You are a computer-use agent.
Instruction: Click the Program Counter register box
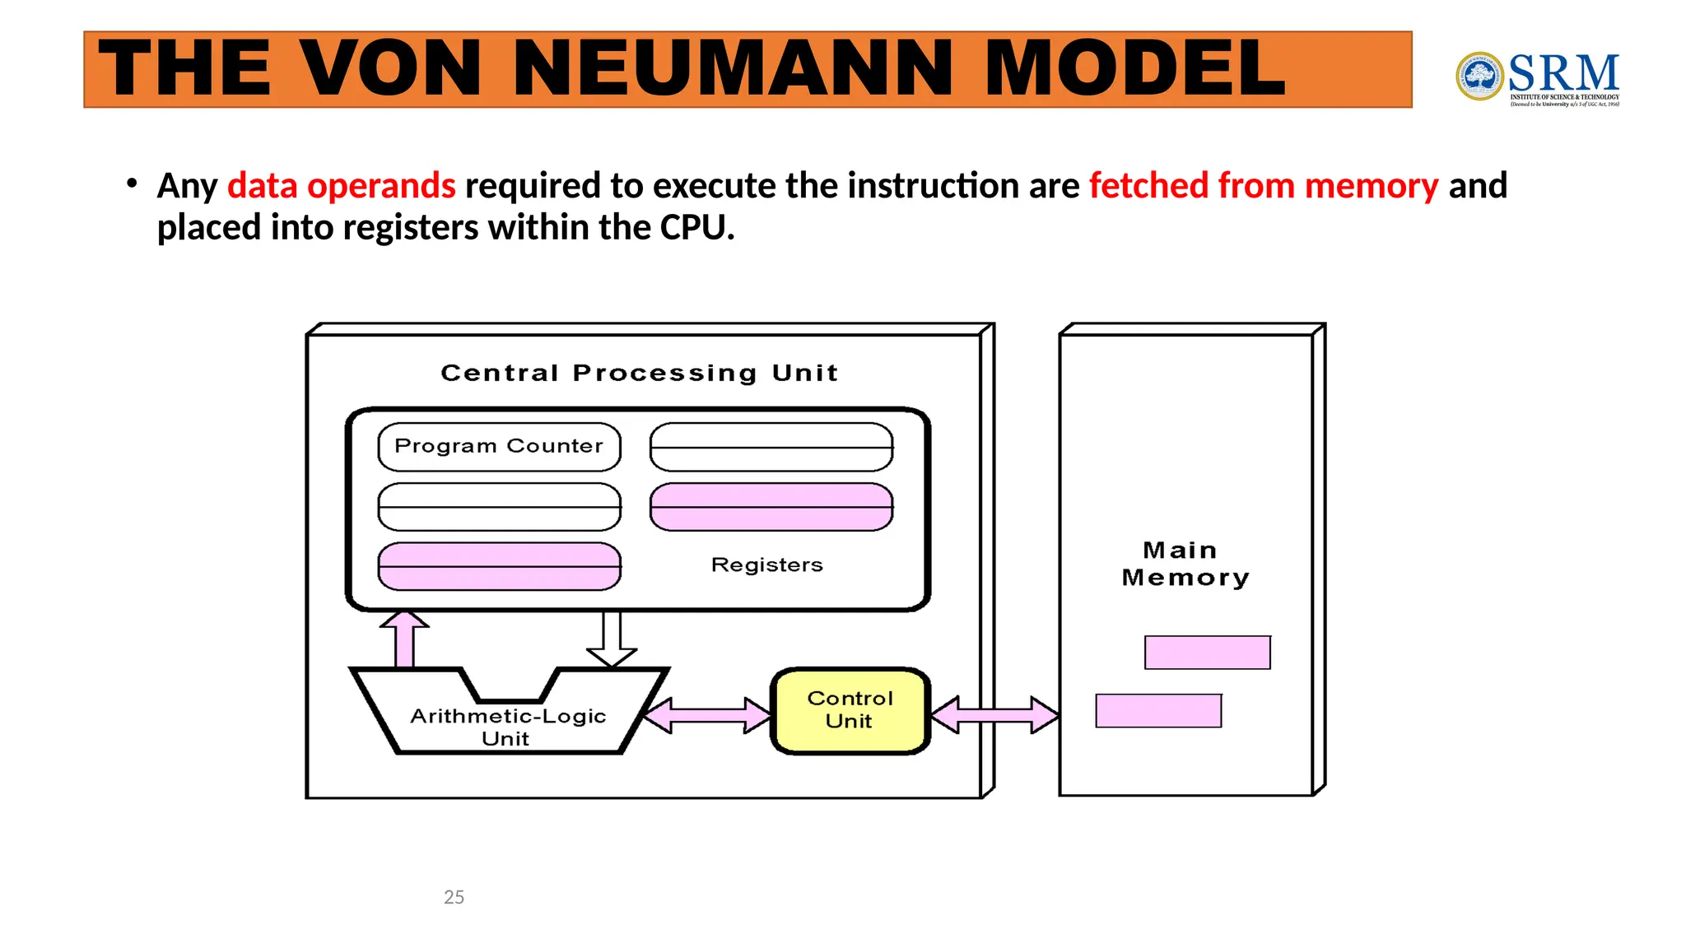pyautogui.click(x=499, y=447)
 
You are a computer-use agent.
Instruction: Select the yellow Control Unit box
pyautogui.click(x=850, y=711)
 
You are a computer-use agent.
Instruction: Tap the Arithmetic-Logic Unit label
pyautogui.click(x=508, y=726)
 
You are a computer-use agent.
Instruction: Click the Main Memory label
pyautogui.click(x=1185, y=564)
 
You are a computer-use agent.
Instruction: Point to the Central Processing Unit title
pyautogui.click(x=639, y=373)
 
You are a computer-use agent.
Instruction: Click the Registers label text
pyautogui.click(x=766, y=565)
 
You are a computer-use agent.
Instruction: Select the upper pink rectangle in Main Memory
pyautogui.click(x=1207, y=653)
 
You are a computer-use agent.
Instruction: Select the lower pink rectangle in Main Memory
pyautogui.click(x=1157, y=711)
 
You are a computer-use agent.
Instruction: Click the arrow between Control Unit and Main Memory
pyautogui.click(x=994, y=714)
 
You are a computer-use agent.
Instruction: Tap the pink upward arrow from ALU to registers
pyautogui.click(x=404, y=640)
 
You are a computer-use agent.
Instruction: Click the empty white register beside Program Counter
pyautogui.click(x=771, y=447)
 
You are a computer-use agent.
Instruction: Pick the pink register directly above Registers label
pyautogui.click(x=771, y=507)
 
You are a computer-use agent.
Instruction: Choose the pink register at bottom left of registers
pyautogui.click(x=499, y=566)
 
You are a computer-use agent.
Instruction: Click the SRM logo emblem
pyautogui.click(x=1479, y=77)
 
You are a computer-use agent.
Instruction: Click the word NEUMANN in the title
pyautogui.click(x=738, y=69)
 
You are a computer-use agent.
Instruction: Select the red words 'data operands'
pyautogui.click(x=341, y=186)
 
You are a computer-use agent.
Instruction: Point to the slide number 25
pyautogui.click(x=454, y=897)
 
